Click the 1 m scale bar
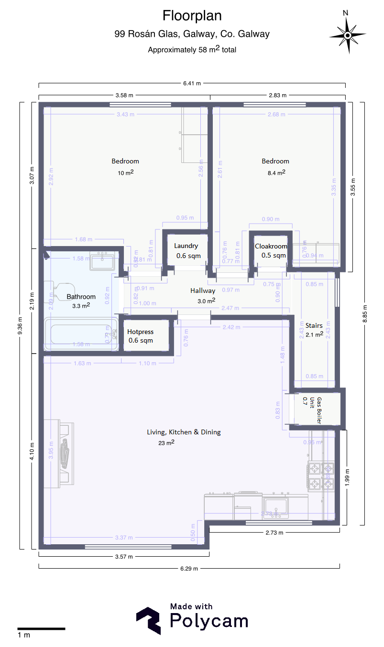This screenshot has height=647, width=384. (41, 628)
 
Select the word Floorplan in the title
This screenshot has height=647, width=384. (192, 16)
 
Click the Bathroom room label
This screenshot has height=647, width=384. (81, 297)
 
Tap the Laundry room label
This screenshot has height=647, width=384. (186, 246)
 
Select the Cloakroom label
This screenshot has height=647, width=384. (271, 246)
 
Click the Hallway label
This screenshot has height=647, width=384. (203, 291)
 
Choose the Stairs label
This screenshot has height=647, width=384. (314, 325)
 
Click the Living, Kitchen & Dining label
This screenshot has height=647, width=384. (184, 432)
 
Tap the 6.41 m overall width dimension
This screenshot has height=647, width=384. (192, 83)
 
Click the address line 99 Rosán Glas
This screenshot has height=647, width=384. (192, 34)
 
